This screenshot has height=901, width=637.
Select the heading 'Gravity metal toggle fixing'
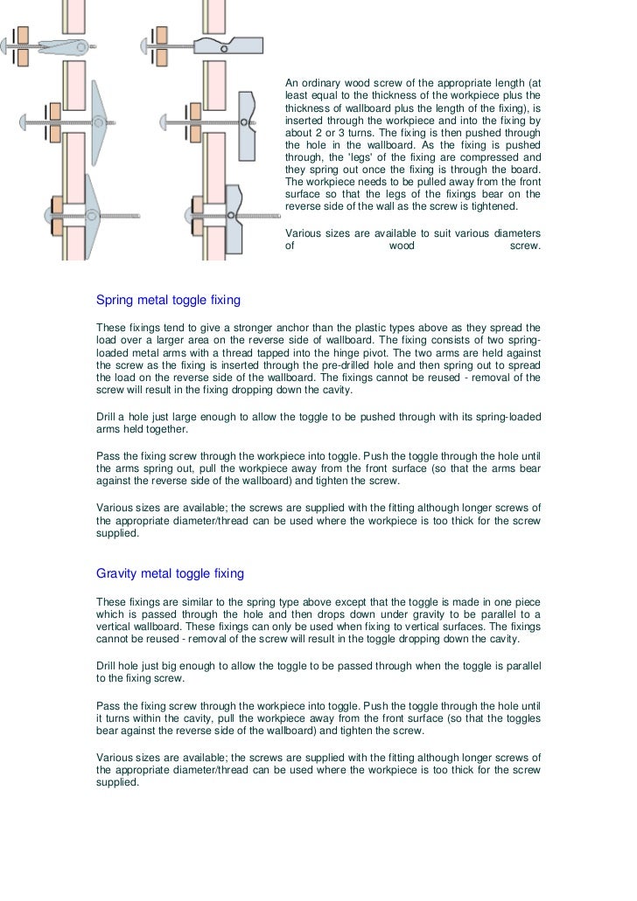(x=170, y=574)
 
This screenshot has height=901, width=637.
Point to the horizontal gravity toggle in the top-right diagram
(x=229, y=45)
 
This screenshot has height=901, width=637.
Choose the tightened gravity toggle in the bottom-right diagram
(x=234, y=218)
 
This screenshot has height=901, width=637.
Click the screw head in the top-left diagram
(x=6, y=44)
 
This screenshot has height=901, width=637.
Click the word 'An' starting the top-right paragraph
(x=292, y=83)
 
